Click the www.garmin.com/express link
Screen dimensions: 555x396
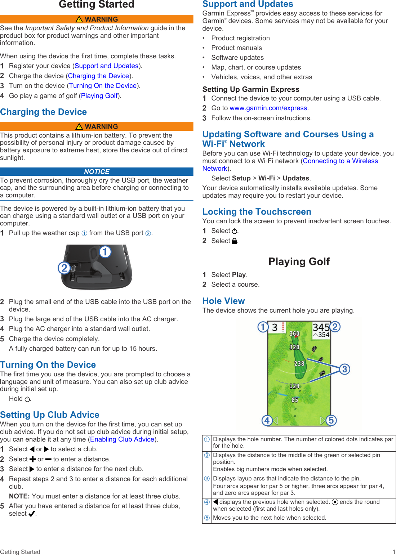tap(268, 108)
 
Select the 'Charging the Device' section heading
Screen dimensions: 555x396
tap(44, 112)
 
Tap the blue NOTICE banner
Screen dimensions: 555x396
tap(97, 172)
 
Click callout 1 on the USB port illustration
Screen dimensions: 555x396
tap(105, 252)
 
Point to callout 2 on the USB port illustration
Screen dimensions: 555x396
tap(64, 268)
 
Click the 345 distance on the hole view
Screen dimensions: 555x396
tap(321, 327)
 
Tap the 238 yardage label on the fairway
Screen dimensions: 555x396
tap(299, 364)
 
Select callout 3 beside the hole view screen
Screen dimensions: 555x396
tap(344, 369)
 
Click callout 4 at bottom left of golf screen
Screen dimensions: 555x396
tap(267, 420)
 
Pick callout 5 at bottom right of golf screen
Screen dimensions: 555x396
tap(331, 420)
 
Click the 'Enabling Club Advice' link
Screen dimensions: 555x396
tap(122, 439)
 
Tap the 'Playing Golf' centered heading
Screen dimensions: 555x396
tap(299, 261)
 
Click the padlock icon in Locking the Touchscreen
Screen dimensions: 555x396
tap(234, 241)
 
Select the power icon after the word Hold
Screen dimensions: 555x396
tap(27, 399)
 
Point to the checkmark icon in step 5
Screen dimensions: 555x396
tap(32, 514)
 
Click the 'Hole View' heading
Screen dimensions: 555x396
tap(223, 301)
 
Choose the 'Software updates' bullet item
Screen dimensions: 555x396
tap(237, 58)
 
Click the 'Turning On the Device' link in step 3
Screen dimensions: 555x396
tap(103, 86)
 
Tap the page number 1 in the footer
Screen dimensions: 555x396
tap(393, 552)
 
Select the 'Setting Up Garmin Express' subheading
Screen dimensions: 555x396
tap(250, 89)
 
